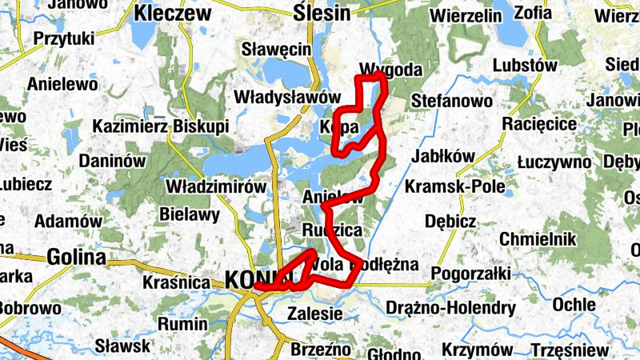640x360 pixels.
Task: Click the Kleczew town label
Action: pos(172,13)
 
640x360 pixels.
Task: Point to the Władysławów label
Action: pos(282,97)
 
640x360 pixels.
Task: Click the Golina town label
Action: pos(76,258)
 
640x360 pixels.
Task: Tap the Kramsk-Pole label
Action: pos(455,186)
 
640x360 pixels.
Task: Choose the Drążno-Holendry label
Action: pos(450,308)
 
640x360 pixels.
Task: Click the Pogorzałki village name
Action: pos(470,274)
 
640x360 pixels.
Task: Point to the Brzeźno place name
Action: pos(317,350)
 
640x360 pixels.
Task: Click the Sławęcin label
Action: pos(276,50)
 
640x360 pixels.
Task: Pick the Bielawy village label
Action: pos(190,215)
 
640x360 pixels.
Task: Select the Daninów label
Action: pos(112,161)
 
